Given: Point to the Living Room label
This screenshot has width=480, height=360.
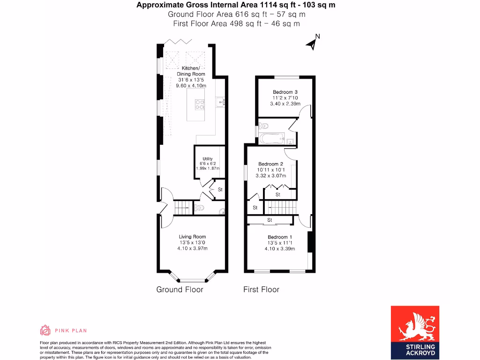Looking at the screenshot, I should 192,237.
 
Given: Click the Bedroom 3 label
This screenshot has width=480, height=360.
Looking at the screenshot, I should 285,92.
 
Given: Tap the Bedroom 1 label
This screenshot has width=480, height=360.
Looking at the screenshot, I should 280,237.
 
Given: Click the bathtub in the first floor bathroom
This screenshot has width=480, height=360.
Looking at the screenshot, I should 272,138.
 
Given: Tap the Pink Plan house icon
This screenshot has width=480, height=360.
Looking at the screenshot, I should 45,330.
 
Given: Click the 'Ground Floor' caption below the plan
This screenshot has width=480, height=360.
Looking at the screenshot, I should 180,290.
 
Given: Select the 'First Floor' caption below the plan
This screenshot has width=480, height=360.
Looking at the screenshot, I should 261,290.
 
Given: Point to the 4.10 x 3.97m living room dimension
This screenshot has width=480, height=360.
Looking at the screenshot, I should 192,249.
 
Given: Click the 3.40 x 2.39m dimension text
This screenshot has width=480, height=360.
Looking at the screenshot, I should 285,104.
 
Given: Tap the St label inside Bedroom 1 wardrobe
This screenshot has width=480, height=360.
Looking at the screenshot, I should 270,220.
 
